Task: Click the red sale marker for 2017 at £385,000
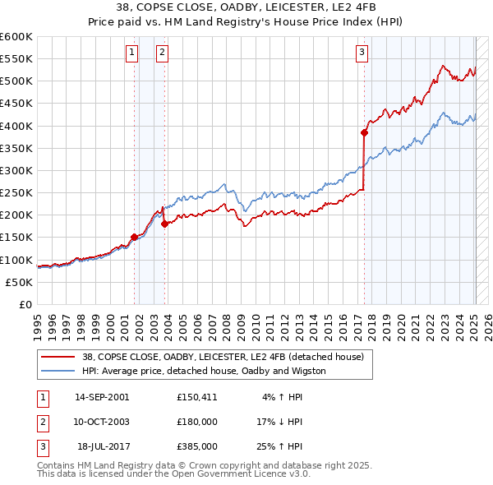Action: (x=364, y=132)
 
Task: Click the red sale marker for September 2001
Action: (x=134, y=237)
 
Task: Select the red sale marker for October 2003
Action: (x=164, y=223)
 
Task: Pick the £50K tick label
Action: (x=20, y=282)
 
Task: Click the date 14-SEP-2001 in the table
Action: (x=102, y=397)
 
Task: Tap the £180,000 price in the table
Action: (x=197, y=422)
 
